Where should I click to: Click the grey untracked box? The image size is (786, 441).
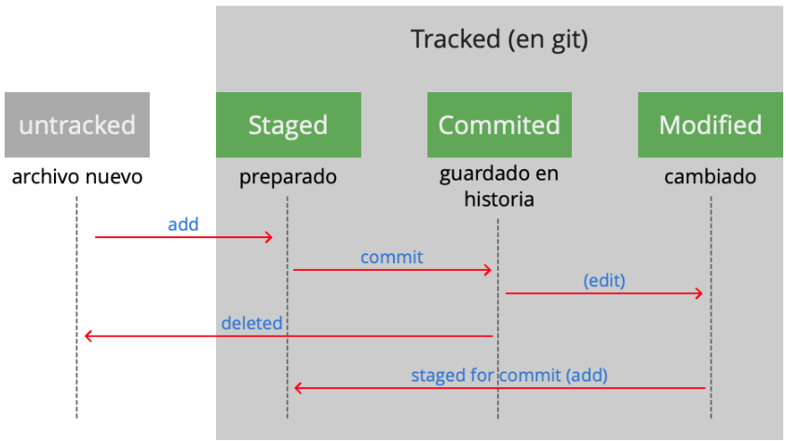[76, 125]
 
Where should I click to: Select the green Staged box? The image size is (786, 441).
[288, 125]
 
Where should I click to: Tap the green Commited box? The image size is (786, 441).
[499, 125]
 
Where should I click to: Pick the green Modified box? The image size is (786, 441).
[710, 125]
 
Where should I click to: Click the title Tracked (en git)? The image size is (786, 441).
[500, 40]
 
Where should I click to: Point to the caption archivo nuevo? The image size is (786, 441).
[76, 177]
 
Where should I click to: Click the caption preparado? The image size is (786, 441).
[288, 177]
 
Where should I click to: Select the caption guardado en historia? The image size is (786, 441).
[499, 186]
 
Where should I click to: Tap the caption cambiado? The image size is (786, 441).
[710, 177]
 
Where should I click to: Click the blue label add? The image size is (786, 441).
[183, 224]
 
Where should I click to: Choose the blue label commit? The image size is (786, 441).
[391, 256]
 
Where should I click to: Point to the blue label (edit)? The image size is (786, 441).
[604, 280]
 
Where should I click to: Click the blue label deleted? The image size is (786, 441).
[251, 323]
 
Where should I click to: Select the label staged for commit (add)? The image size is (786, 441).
[509, 375]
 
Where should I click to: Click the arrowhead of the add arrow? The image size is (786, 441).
[269, 237]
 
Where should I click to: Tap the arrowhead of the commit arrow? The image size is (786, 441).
[487, 270]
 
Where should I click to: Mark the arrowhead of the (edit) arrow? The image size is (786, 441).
[698, 294]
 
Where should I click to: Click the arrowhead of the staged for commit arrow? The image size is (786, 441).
[298, 388]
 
